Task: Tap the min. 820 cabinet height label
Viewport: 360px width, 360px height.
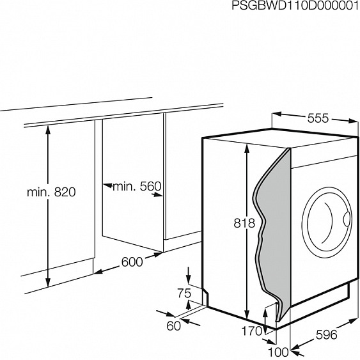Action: (51, 191)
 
